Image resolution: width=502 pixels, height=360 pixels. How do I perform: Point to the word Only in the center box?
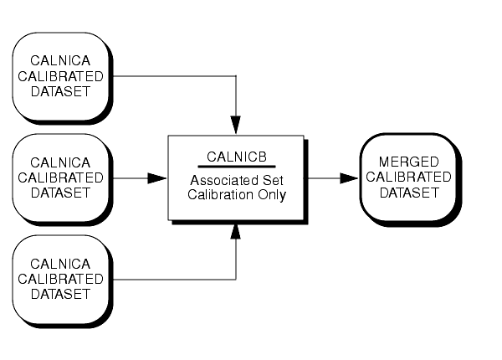pyautogui.click(x=270, y=195)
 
